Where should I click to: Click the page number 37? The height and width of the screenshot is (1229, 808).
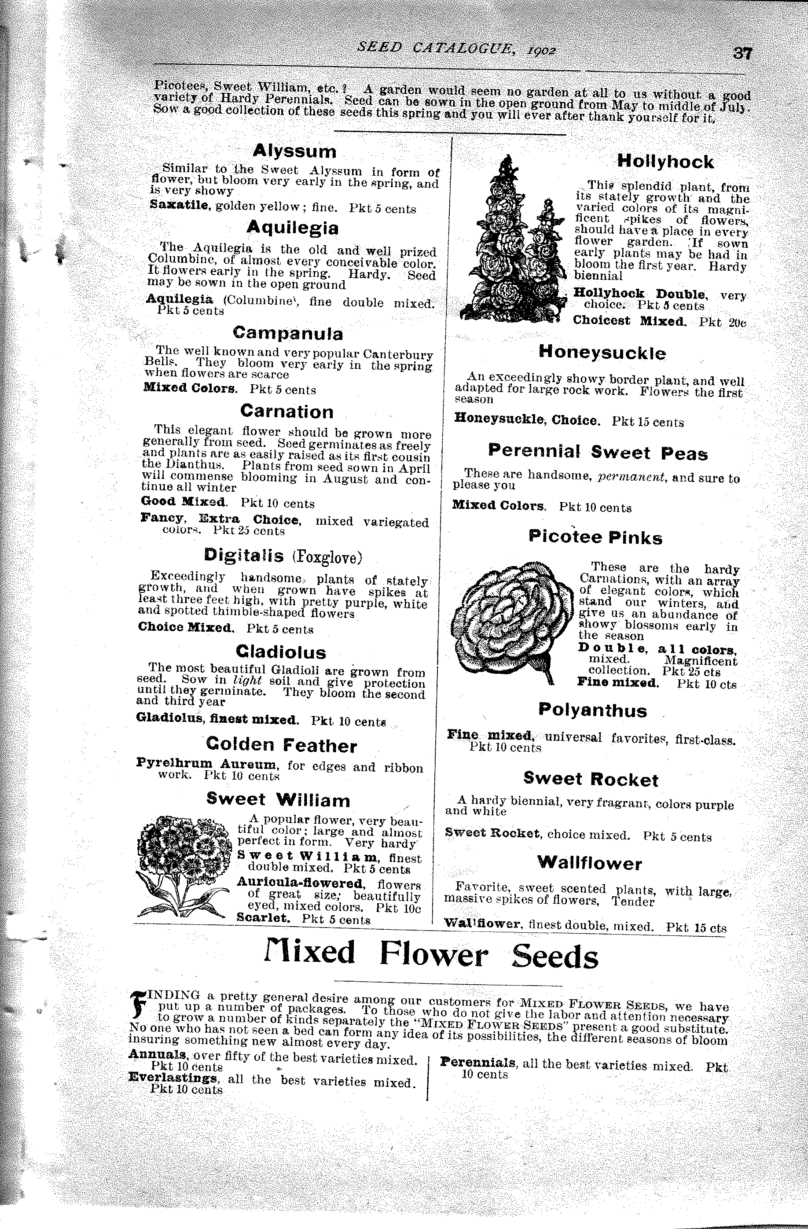(x=742, y=54)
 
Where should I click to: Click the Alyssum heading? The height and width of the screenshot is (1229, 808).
(x=294, y=151)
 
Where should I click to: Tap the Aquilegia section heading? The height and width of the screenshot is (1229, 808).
(x=292, y=228)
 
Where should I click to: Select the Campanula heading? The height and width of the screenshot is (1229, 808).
(x=287, y=333)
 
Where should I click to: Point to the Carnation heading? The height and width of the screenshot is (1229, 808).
(x=286, y=412)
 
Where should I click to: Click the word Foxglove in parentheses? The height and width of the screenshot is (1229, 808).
(x=327, y=557)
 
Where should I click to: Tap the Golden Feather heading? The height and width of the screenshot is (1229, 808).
(x=281, y=746)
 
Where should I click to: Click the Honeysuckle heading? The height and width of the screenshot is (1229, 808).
(x=602, y=353)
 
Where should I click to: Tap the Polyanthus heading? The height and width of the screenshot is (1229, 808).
(x=592, y=710)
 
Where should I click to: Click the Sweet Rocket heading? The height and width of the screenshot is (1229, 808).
(x=591, y=779)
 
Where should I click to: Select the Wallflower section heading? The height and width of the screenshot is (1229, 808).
(x=589, y=863)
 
